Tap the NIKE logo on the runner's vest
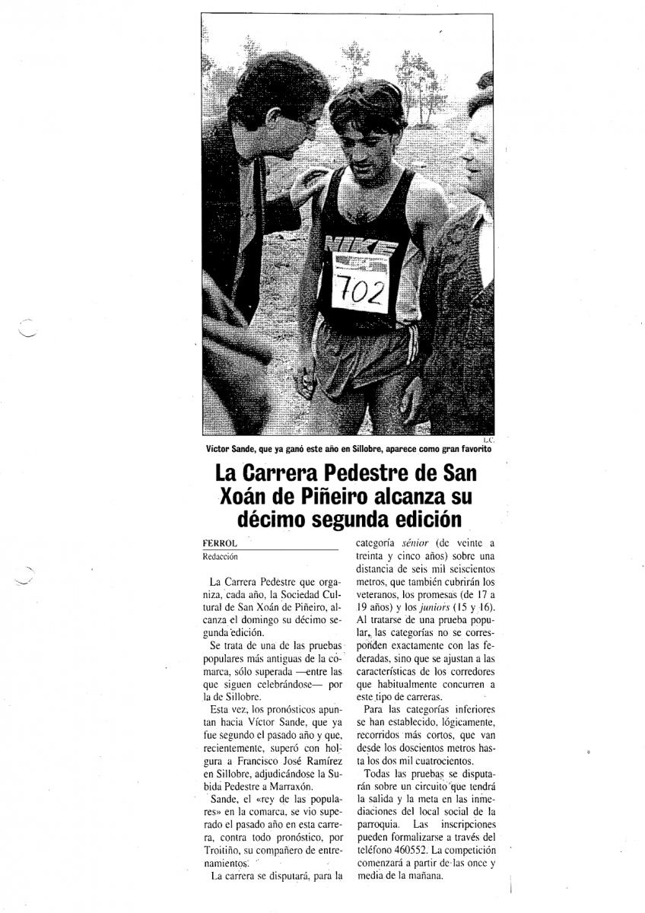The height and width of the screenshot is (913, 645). click(x=361, y=247)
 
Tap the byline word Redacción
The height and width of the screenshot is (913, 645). click(x=220, y=557)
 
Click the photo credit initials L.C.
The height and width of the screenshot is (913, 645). click(x=488, y=440)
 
